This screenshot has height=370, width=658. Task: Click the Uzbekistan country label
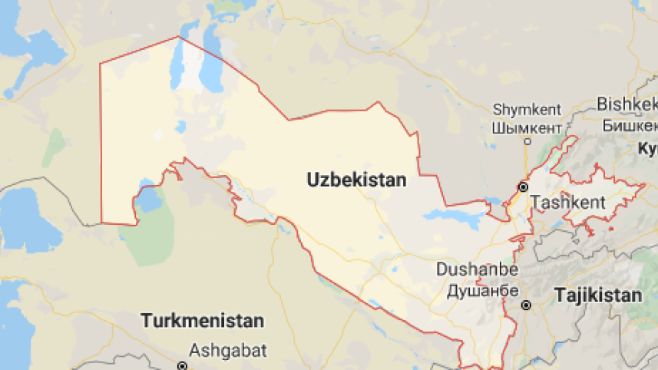coord(356,180)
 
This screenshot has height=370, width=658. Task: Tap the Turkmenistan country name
coord(203,321)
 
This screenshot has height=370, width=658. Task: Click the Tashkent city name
coord(568,203)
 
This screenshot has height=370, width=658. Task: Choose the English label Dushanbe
coord(477,270)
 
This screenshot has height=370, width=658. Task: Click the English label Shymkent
coord(527,110)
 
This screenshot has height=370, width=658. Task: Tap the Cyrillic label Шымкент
coord(527,126)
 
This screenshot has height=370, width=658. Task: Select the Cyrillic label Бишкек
coord(630,124)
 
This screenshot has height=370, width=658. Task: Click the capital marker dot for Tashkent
coord(523,187)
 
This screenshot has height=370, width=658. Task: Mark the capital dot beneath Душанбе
coord(527,305)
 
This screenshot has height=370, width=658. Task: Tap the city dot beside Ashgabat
coord(181,366)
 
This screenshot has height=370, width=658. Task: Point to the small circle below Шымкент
coord(527,141)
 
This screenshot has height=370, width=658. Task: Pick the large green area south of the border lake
coord(146,238)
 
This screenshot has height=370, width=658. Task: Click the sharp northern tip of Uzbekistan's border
coord(179,36)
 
